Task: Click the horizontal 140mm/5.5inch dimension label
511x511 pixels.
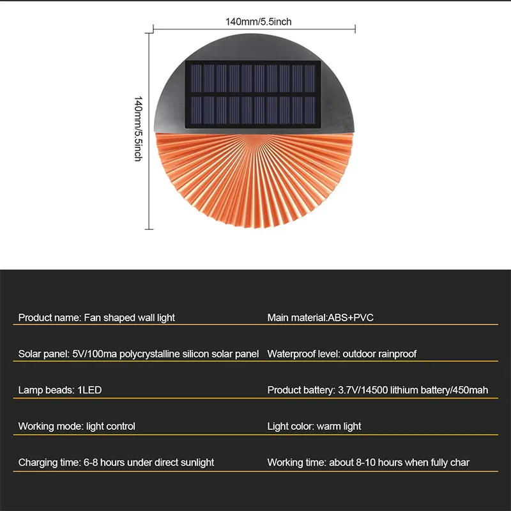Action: (x=258, y=22)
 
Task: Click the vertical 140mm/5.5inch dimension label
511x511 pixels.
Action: (x=137, y=128)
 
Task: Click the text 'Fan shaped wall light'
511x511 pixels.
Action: (x=130, y=317)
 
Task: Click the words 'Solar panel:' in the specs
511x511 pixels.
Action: (x=43, y=354)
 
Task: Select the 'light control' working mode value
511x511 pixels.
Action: (x=111, y=426)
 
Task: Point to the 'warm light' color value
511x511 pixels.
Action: (x=339, y=426)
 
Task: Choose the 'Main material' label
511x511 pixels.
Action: (x=296, y=317)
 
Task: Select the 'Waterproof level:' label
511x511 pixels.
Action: (x=303, y=354)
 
